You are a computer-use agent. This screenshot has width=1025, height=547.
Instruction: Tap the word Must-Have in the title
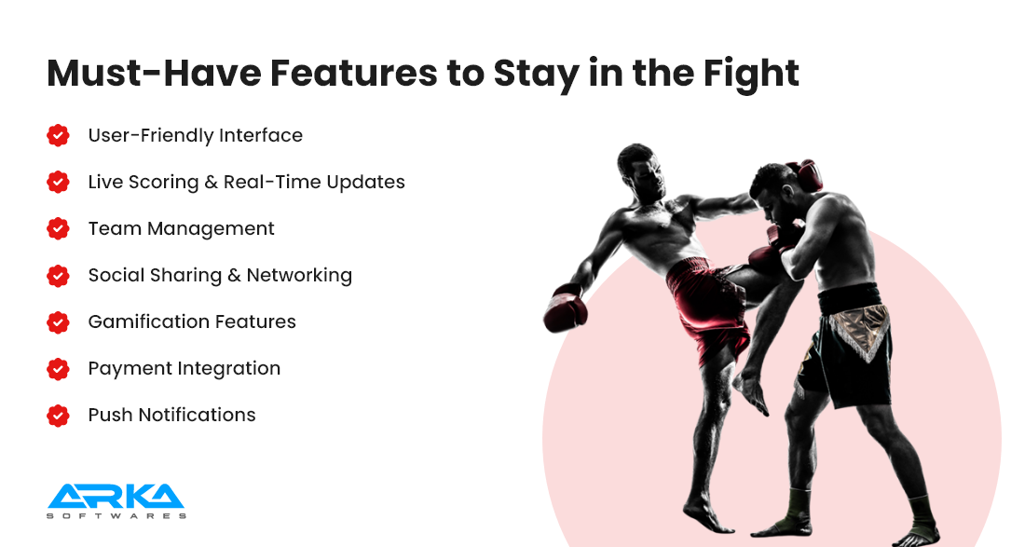click(x=154, y=73)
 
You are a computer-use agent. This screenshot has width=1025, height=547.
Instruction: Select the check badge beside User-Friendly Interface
click(x=58, y=135)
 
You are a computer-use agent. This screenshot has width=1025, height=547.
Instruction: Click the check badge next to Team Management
click(x=58, y=228)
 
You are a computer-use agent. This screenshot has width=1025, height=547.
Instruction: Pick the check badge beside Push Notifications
click(x=58, y=415)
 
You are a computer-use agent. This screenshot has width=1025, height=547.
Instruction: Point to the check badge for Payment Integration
click(x=58, y=369)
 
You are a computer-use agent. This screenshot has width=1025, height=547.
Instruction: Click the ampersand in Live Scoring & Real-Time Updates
click(x=211, y=182)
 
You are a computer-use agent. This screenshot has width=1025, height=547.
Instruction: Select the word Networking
click(x=299, y=275)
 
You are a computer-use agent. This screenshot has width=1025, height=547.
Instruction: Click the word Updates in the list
click(x=366, y=183)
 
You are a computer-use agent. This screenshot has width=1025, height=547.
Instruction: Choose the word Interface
click(x=261, y=135)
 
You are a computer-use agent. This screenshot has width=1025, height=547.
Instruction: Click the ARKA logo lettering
click(x=116, y=496)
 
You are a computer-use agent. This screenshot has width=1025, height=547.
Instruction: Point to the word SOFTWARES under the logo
click(x=116, y=515)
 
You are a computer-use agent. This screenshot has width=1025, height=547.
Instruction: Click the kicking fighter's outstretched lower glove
click(x=565, y=308)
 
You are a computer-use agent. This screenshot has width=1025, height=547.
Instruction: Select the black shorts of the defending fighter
click(x=846, y=348)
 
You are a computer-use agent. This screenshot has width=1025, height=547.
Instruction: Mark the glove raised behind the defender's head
click(x=807, y=174)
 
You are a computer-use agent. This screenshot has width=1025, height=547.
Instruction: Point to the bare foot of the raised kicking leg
click(x=753, y=392)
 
